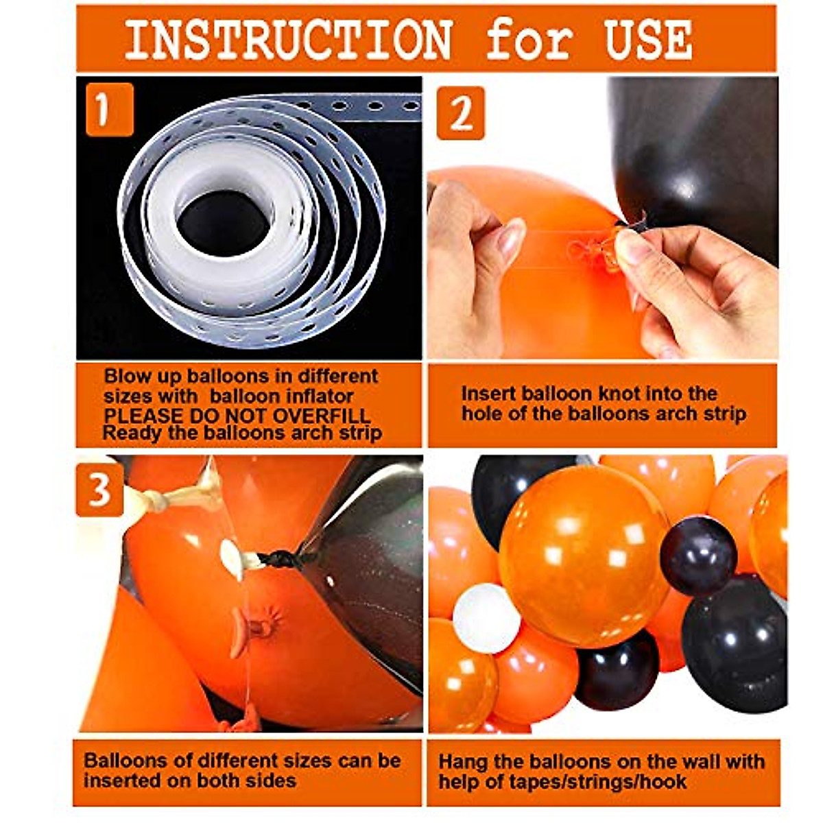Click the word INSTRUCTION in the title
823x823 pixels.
tap(288, 40)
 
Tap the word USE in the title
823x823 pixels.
tap(648, 40)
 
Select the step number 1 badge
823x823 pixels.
tap(110, 110)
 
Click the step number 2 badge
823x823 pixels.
tap(461, 112)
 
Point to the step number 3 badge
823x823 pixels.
tap(100, 489)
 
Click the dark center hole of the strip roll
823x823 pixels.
tap(224, 224)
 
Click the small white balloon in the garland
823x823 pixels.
tap(486, 618)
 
